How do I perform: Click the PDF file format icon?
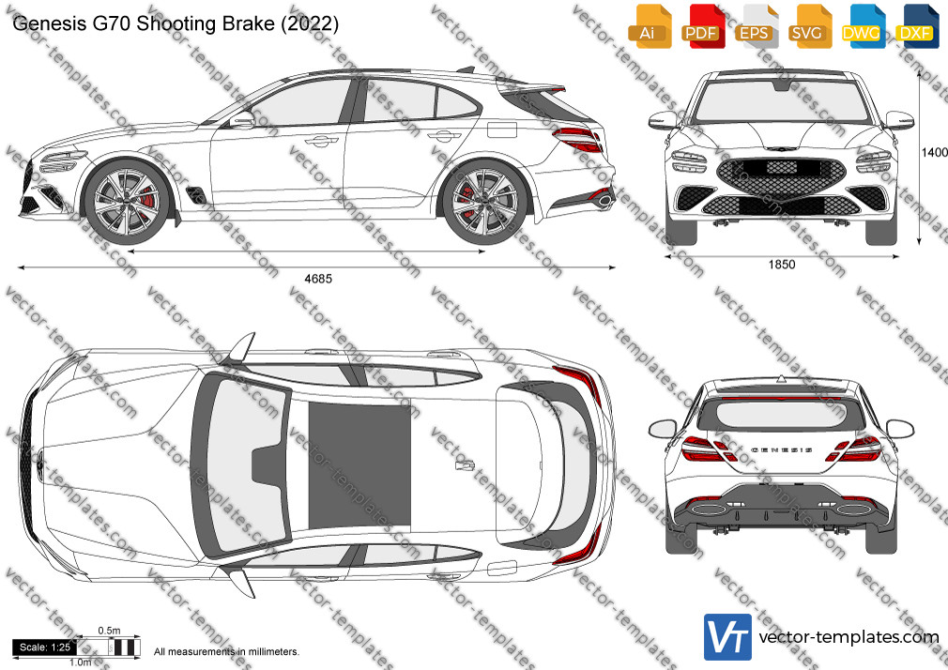702,26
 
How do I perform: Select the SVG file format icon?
809,26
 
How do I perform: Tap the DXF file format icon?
917,26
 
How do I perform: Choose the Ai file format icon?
650,26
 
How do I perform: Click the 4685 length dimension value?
318,279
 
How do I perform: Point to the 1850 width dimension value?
782,265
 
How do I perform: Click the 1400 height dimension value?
934,152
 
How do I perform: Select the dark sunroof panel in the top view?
359,465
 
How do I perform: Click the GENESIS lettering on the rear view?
781,450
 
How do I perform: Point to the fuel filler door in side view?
502,129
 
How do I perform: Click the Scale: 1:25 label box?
45,647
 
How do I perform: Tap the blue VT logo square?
728,637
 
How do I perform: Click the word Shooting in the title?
176,23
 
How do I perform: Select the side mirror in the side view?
242,120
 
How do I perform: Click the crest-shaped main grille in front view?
781,175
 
